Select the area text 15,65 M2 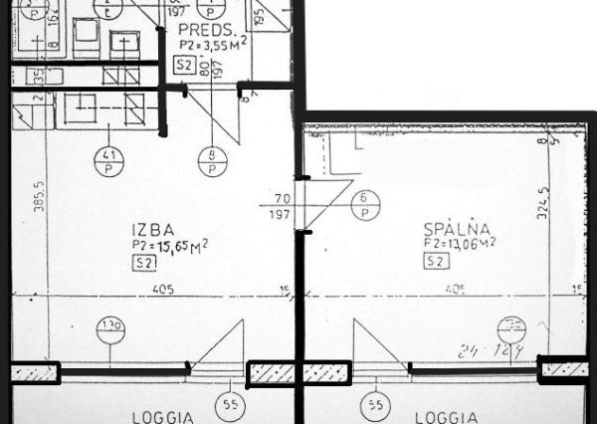tap(177, 245)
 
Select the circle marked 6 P tap(365, 205)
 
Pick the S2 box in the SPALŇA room tap(434, 262)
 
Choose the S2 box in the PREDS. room tap(183, 65)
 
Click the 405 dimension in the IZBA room tap(165, 290)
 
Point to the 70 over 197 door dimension tap(283, 206)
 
